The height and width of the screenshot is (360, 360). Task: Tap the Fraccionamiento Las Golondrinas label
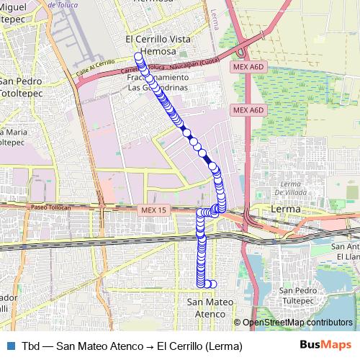(157, 83)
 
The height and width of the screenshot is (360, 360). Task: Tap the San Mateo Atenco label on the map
(206, 308)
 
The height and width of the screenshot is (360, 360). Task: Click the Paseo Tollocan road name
(50, 207)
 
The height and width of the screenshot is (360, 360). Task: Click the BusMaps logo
(325, 345)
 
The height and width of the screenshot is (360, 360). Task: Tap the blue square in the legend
(9, 345)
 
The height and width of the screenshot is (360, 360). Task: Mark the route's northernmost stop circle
(138, 56)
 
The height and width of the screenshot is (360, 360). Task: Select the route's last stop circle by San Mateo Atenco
(212, 284)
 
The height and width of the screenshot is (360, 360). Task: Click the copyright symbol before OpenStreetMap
(238, 323)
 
